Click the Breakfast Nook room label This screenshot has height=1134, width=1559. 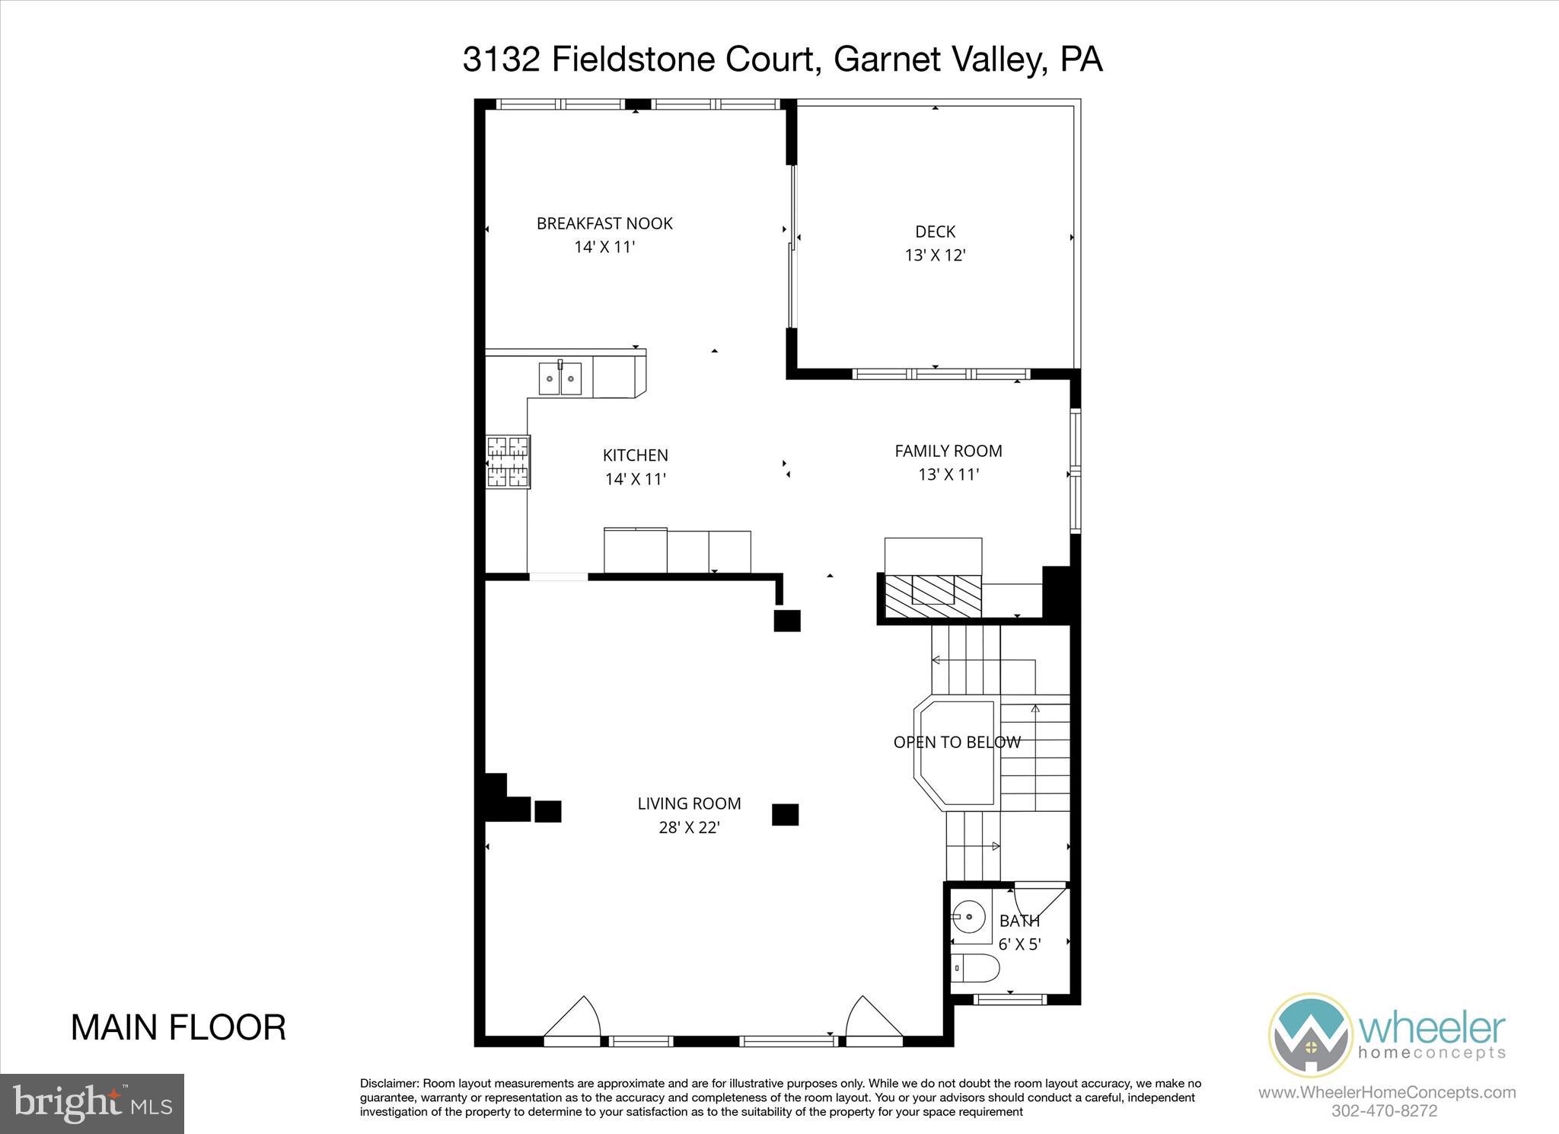604,223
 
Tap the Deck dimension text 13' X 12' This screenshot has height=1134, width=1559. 935,255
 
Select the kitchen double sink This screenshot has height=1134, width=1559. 560,379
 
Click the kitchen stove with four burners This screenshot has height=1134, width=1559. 509,461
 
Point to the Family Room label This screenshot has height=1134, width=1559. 948,451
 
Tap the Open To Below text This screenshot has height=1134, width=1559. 957,742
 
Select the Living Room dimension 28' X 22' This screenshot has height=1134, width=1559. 689,827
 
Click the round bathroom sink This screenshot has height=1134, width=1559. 970,917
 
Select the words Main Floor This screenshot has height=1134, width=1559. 178,1027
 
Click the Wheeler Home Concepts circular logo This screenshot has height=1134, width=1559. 1309,1033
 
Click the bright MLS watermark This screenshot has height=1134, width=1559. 92,1104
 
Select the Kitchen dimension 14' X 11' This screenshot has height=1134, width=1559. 635,479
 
